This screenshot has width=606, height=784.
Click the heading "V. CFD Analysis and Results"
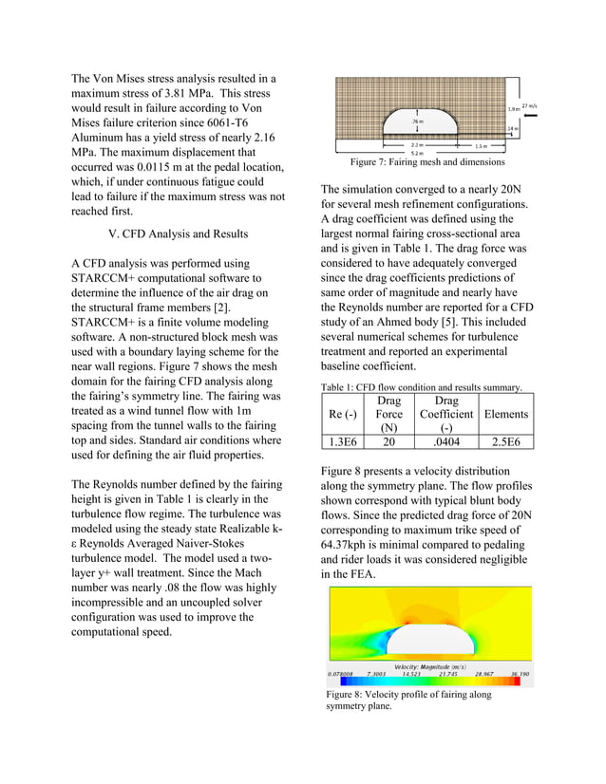(179, 233)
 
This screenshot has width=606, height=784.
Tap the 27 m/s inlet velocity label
(529, 106)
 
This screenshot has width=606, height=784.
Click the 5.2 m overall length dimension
(416, 152)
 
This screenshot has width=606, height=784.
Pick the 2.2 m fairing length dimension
(416, 145)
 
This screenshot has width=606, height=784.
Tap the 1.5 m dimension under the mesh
(481, 146)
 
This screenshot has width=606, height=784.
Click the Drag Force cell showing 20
(388, 441)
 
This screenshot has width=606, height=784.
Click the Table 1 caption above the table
(421, 387)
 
